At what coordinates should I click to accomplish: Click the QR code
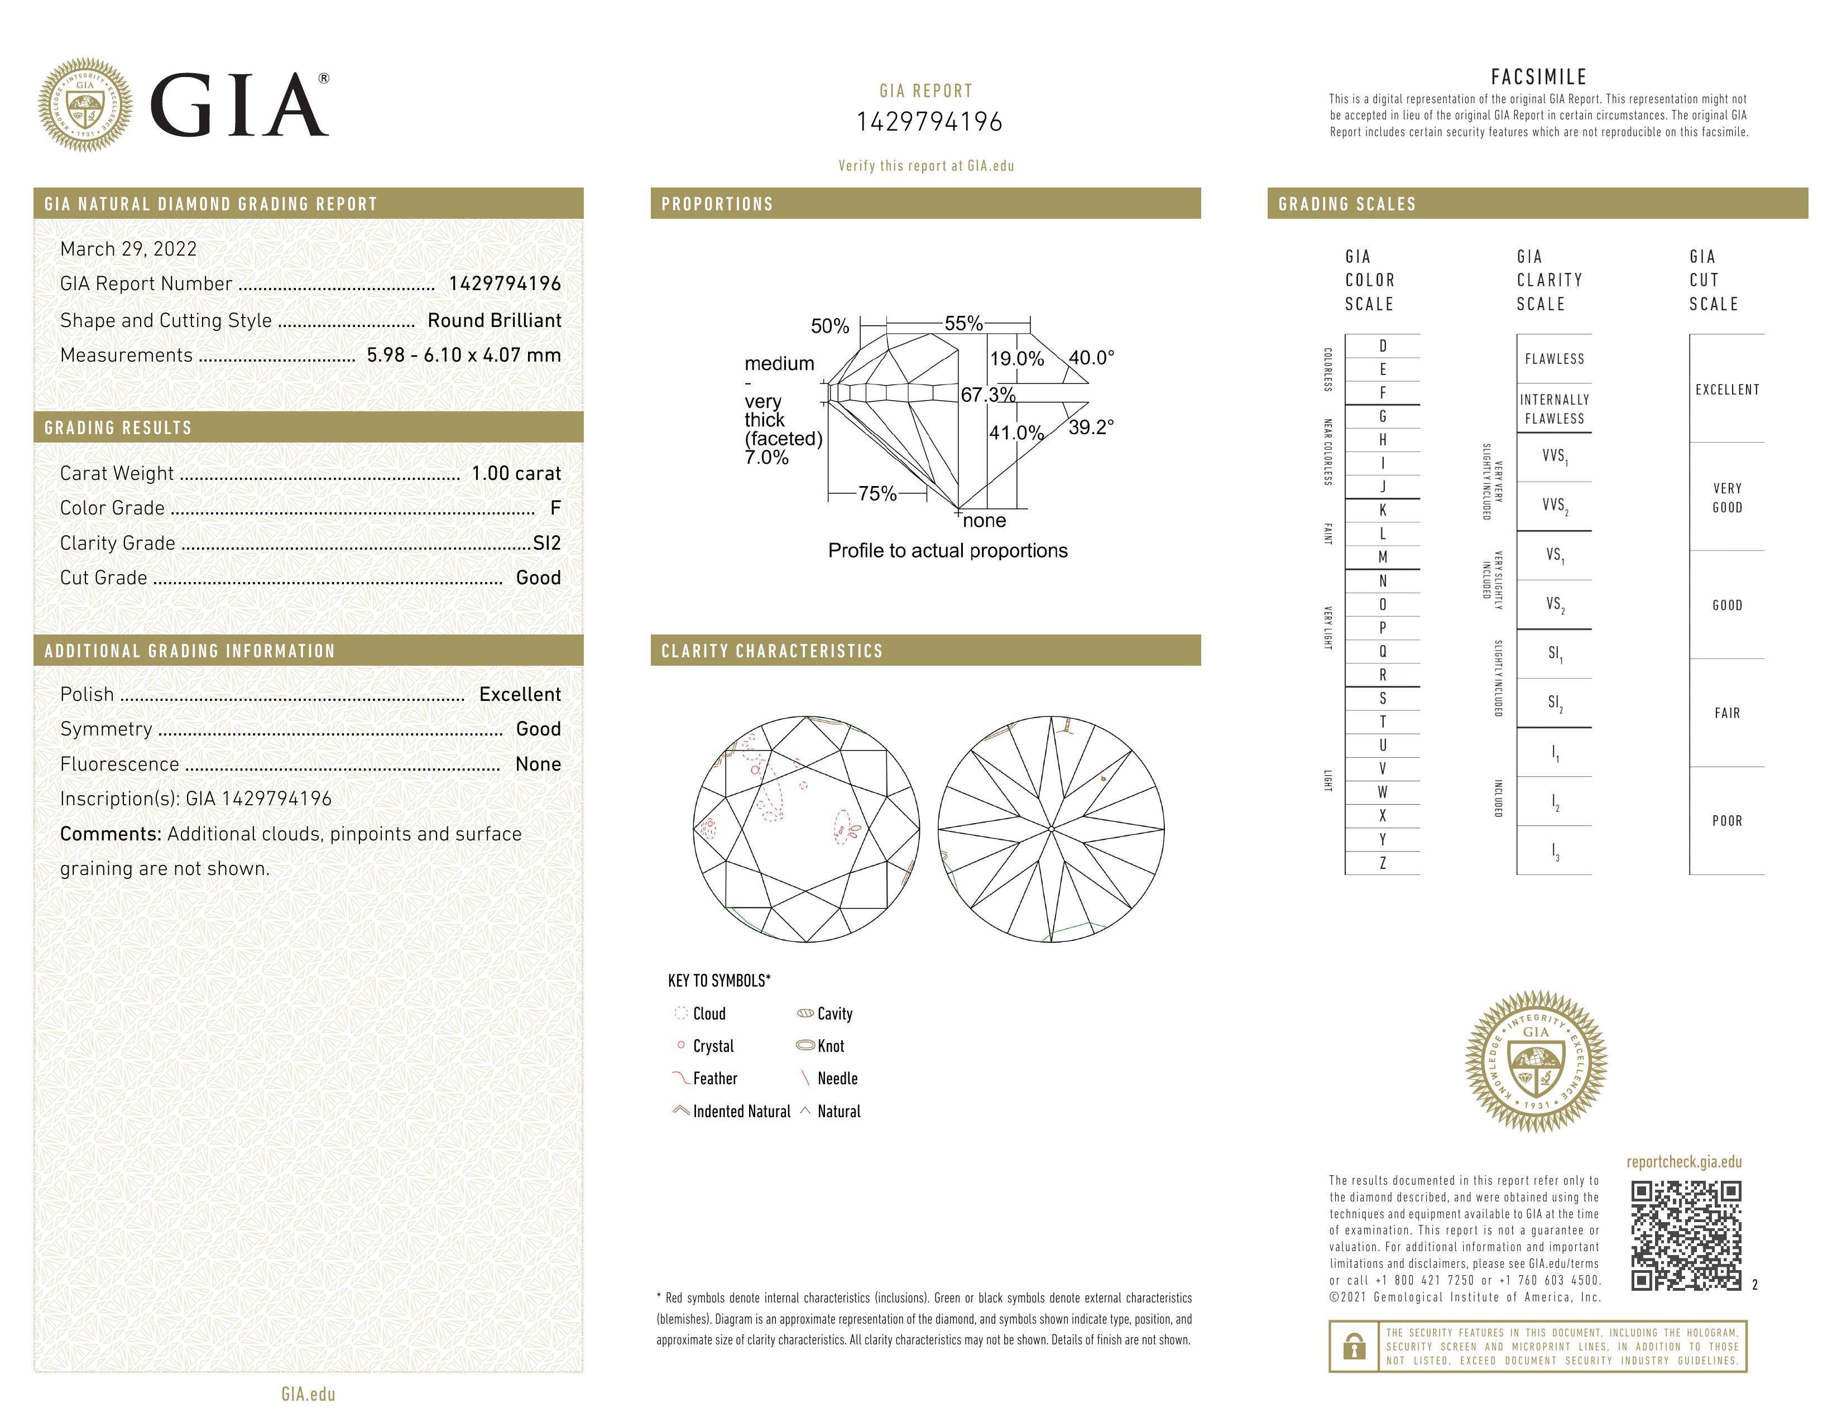click(x=1685, y=1235)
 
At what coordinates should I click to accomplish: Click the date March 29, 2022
click(x=128, y=249)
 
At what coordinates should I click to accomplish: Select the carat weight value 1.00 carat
click(x=515, y=473)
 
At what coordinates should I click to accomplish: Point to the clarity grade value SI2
click(x=546, y=543)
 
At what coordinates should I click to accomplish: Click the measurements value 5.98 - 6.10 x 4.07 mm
click(x=464, y=355)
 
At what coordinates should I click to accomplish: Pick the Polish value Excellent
click(x=520, y=694)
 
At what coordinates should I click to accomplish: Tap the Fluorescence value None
click(x=538, y=764)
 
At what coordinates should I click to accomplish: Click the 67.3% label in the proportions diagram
click(x=987, y=395)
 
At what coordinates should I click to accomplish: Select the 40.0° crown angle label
click(x=1091, y=358)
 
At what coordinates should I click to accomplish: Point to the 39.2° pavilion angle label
click(x=1091, y=427)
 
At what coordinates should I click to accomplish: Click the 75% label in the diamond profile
click(x=877, y=493)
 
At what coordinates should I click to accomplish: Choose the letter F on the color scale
click(x=1383, y=393)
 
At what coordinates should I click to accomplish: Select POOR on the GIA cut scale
click(x=1726, y=821)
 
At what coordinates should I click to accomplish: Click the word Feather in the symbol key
click(x=714, y=1078)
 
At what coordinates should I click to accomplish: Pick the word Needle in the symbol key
click(x=837, y=1078)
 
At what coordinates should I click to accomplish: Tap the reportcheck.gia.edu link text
click(x=1683, y=1162)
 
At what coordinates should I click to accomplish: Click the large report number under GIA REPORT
click(x=929, y=122)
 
